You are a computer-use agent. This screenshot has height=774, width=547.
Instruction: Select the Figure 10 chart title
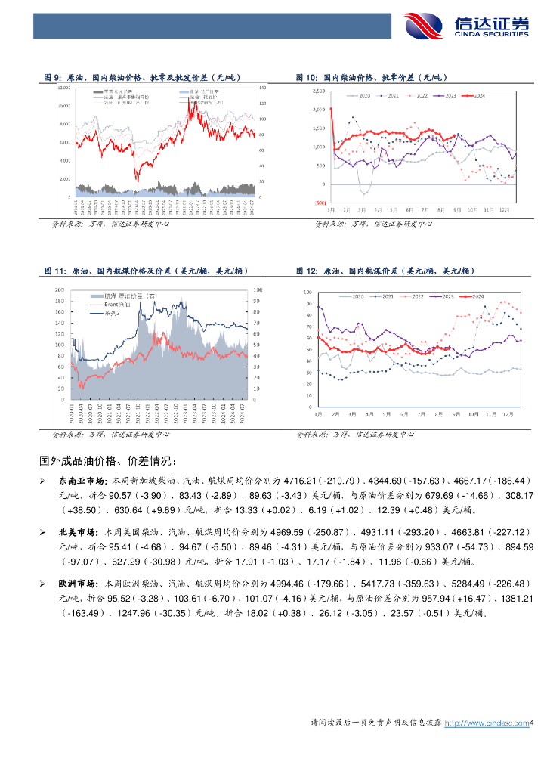tap(371, 78)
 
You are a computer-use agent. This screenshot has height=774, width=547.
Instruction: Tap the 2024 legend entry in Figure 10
tap(473, 96)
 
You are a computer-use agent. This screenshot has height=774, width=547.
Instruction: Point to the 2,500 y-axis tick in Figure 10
tap(318, 91)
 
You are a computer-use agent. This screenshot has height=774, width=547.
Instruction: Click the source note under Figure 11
tap(110, 435)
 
